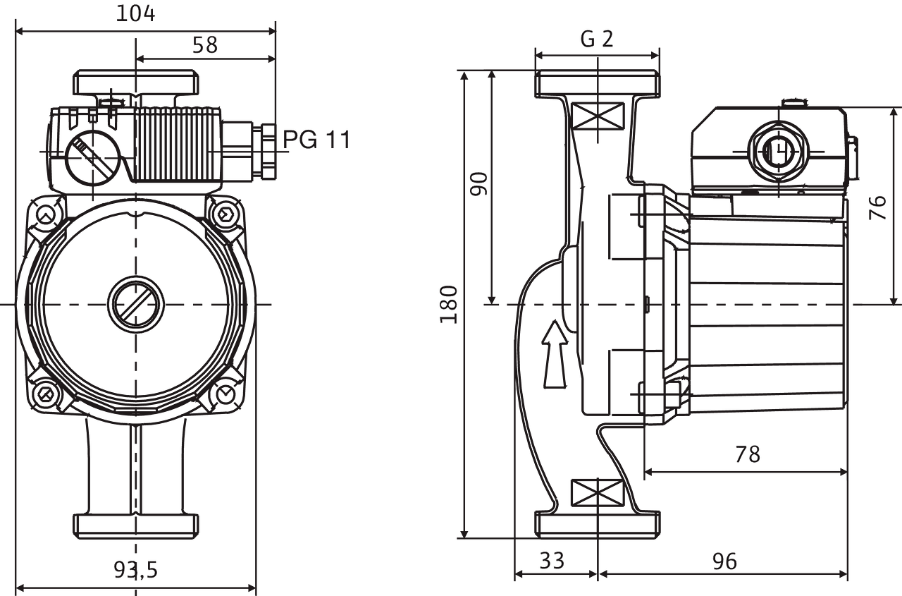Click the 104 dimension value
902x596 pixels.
(135, 13)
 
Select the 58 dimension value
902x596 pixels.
(206, 45)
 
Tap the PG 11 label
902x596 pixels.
(316, 139)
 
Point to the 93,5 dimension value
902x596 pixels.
(136, 569)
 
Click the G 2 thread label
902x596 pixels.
(597, 39)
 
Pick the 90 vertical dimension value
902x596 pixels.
(479, 185)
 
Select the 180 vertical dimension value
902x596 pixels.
(449, 305)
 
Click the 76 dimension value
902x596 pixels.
(877, 207)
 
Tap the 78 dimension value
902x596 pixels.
(748, 454)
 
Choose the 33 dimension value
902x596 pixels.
(552, 561)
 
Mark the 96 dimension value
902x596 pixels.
(724, 561)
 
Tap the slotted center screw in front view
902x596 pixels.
(136, 305)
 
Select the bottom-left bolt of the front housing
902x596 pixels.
(46, 393)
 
